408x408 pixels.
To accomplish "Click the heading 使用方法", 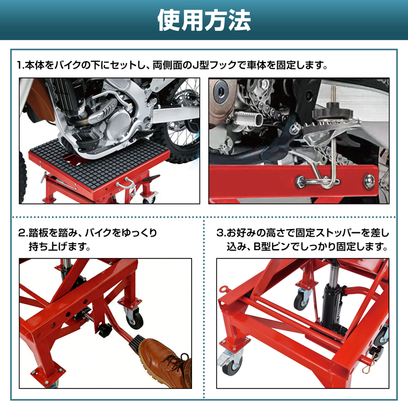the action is click(x=204, y=20).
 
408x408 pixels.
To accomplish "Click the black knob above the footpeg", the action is click(x=332, y=113).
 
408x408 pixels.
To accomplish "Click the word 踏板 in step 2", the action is click(x=39, y=233).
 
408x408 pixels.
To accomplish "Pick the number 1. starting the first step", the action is click(x=21, y=65).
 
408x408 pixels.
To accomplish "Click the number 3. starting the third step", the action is click(x=221, y=233).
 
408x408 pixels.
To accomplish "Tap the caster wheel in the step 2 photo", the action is click(x=135, y=318).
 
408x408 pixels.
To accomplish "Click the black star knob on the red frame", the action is click(x=104, y=330).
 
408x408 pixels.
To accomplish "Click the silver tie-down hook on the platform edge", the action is click(x=127, y=186).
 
